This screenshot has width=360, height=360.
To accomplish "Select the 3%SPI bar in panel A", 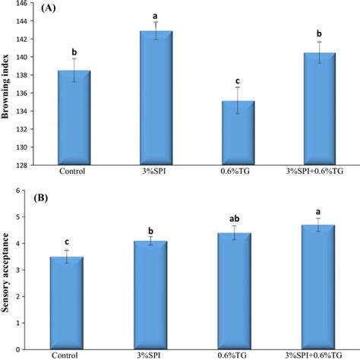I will click(155, 98).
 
